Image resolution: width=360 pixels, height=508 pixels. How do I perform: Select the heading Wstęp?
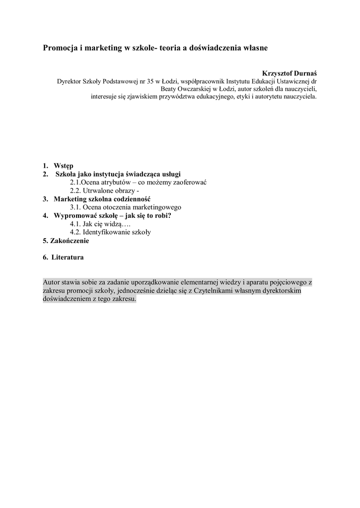click(x=64, y=166)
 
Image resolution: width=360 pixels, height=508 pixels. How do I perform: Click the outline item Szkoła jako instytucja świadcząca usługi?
click(x=118, y=174)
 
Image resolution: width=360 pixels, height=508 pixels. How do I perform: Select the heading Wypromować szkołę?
click(x=85, y=215)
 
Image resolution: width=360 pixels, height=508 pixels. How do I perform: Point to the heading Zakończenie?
click(x=69, y=241)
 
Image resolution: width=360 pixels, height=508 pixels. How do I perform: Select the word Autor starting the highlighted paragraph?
click(x=52, y=282)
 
